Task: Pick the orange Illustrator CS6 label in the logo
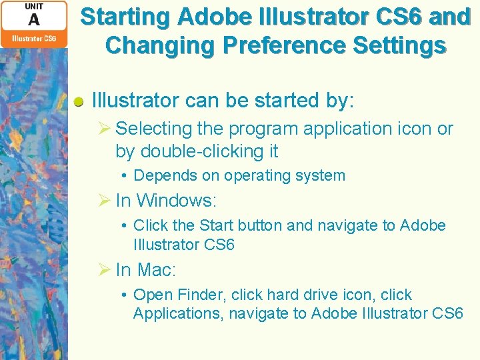34,39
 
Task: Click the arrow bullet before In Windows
104,200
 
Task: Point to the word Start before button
216,225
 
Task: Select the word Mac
157,270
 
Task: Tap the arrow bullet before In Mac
104,270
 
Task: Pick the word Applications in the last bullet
176,313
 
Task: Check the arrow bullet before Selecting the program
104,129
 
